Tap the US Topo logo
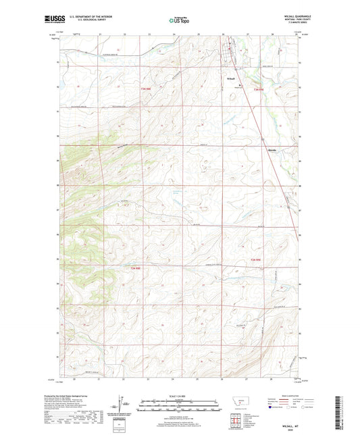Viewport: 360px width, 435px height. coord(177,20)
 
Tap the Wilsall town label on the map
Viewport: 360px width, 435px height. coord(230,80)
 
